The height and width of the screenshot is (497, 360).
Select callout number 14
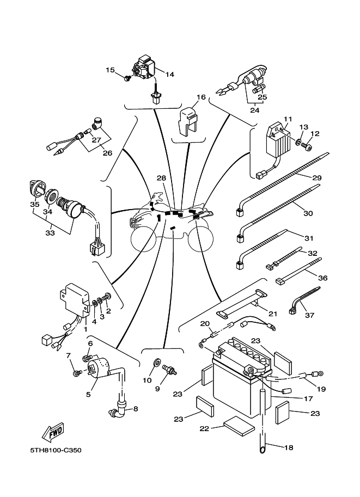click(169, 75)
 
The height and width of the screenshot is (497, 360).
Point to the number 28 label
click(161, 178)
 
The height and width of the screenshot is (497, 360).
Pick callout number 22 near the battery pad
click(204, 429)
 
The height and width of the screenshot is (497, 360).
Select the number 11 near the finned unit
click(288, 119)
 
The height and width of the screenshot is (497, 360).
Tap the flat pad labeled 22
click(238, 425)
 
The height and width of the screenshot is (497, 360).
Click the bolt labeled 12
click(309, 146)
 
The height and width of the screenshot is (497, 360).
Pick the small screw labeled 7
click(77, 373)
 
